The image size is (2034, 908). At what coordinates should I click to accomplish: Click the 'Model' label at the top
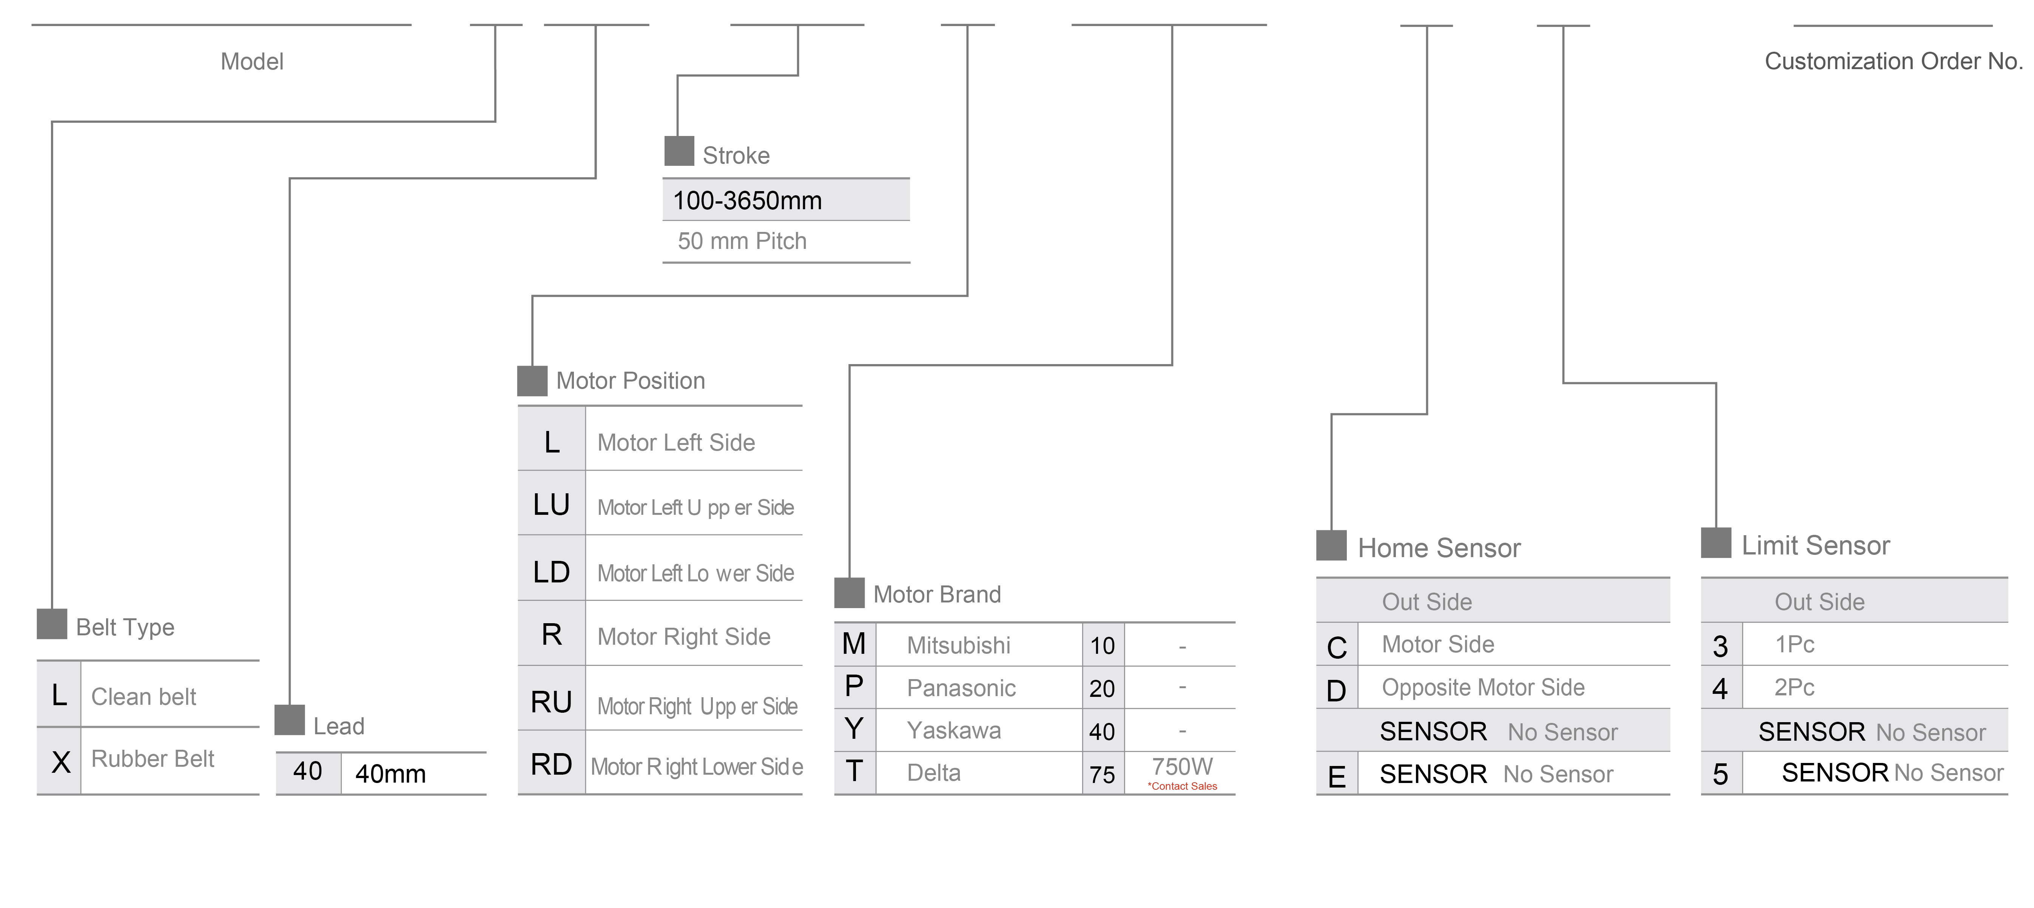point(252,62)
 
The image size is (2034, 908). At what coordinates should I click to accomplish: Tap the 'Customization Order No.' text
point(1893,62)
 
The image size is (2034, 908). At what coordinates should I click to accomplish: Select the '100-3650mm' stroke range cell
point(747,201)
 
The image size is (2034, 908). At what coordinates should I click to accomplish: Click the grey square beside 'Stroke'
point(678,151)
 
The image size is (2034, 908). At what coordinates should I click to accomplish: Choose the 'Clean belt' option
point(144,696)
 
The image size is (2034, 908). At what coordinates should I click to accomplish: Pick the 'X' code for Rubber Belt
point(60,762)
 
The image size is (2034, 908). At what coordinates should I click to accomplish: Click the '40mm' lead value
point(390,774)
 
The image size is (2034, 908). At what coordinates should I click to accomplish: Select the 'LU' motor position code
point(551,505)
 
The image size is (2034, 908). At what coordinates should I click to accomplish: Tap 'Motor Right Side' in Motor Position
point(684,636)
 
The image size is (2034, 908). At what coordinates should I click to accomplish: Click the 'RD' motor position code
point(551,764)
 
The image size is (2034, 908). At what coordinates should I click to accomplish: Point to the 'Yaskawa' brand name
point(954,730)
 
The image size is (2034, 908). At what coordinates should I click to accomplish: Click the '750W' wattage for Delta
point(1182,766)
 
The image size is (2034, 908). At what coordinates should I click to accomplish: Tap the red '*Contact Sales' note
point(1182,786)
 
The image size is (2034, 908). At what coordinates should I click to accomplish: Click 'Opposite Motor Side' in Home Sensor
point(1483,688)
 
